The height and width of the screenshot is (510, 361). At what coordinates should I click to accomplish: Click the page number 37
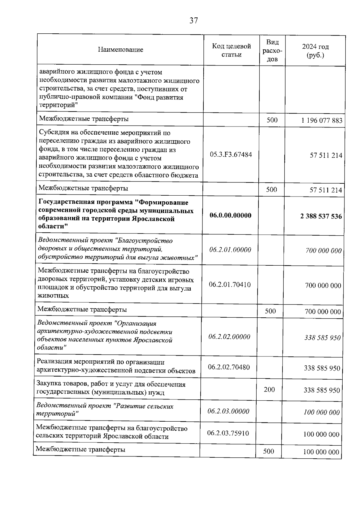[x=194, y=21]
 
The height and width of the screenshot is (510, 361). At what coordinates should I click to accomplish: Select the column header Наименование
[x=120, y=50]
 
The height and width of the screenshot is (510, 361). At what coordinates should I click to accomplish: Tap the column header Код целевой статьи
[x=231, y=50]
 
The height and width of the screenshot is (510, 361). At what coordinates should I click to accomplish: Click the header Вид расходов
[x=272, y=50]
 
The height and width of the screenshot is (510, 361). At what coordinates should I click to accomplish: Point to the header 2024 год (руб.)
[x=315, y=51]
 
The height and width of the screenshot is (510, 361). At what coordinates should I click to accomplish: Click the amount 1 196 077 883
[x=322, y=121]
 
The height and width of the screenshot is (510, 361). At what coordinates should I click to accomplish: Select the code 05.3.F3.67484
[x=231, y=155]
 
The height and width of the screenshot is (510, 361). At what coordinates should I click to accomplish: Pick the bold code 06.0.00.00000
[x=230, y=215]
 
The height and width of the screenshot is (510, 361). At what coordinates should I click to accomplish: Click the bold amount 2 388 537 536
[x=321, y=216]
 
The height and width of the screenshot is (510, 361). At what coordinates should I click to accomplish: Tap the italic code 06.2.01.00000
[x=230, y=250]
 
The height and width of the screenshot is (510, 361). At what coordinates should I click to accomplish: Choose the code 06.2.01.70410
[x=230, y=284]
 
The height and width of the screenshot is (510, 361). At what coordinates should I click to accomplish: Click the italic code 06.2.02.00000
[x=229, y=337]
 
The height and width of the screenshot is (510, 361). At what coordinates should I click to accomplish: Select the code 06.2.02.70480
[x=229, y=367]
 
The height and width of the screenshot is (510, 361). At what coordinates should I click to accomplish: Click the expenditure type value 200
[x=269, y=389]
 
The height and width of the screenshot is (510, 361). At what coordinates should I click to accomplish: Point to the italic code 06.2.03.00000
[x=228, y=411]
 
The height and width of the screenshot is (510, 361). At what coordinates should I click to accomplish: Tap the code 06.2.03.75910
[x=228, y=433]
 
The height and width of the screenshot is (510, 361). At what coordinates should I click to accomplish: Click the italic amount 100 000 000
[x=322, y=413]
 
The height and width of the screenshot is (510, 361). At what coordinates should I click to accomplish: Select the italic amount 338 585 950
[x=322, y=338]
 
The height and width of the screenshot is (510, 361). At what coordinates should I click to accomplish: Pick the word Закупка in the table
[x=48, y=384]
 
